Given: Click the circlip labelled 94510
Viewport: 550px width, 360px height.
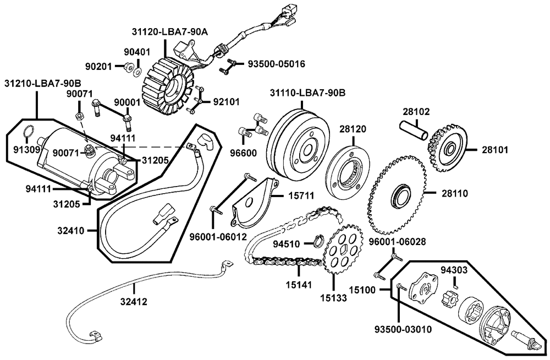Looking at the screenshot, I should (317, 241).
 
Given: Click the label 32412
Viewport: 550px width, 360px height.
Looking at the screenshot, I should (134, 301).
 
